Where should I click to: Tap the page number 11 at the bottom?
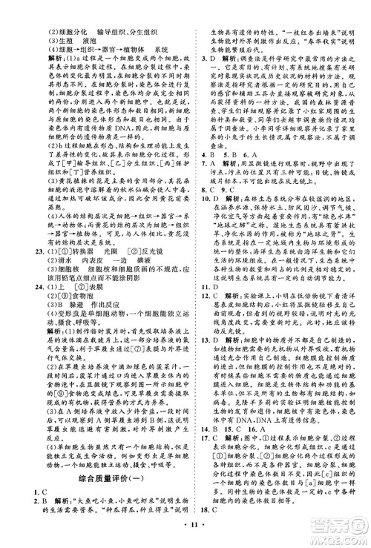click(x=185, y=537)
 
